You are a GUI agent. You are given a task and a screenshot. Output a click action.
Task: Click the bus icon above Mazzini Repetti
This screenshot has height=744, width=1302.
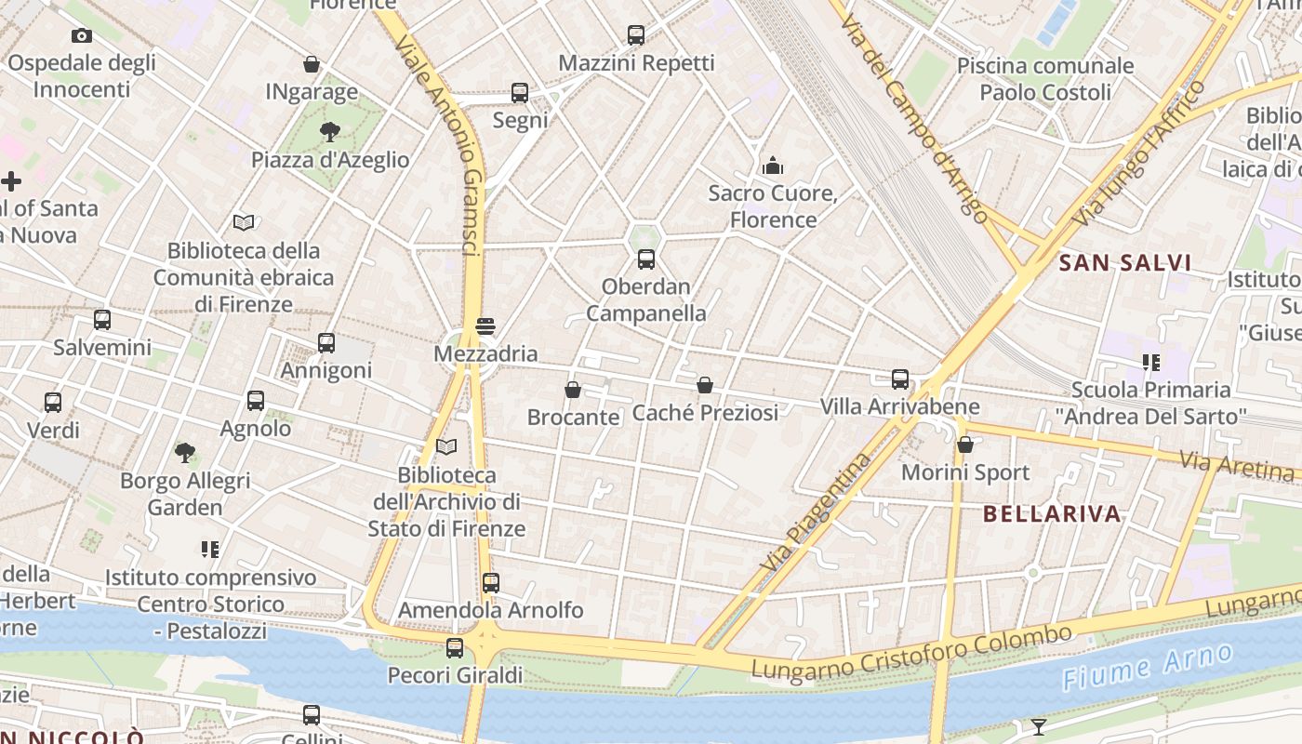click(x=636, y=35)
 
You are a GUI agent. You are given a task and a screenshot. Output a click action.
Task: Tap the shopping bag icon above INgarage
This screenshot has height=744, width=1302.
click(x=312, y=64)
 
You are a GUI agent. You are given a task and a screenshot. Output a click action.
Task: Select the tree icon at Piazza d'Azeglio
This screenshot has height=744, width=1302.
click(x=329, y=132)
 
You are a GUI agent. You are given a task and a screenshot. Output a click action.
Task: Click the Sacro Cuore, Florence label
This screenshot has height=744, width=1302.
click(x=773, y=206)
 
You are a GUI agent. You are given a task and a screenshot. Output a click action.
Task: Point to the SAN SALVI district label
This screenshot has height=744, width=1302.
click(x=1125, y=263)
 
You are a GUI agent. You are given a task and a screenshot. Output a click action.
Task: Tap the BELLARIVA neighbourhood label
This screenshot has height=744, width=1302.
click(x=1052, y=514)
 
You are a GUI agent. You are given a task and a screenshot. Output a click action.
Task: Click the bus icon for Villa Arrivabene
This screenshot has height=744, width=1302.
click(x=900, y=379)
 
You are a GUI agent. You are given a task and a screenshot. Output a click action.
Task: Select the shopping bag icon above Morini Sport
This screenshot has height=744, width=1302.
click(x=965, y=445)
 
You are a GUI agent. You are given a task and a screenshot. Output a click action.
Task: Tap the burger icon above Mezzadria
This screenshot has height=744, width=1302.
click(x=485, y=326)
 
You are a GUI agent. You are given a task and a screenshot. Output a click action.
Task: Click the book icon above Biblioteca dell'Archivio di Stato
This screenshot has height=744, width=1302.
click(x=446, y=447)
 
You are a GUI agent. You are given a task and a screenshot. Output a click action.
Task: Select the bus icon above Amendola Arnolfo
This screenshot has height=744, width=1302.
click(x=491, y=583)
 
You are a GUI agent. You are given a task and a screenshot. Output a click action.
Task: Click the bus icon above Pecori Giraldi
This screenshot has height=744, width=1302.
click(x=455, y=647)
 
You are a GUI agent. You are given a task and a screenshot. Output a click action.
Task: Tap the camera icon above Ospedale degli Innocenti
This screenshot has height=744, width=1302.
click(x=82, y=36)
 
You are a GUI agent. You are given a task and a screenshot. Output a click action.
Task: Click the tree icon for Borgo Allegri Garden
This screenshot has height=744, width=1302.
click(x=185, y=453)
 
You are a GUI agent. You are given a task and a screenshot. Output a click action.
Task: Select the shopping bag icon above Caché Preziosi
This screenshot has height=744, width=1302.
click(x=705, y=385)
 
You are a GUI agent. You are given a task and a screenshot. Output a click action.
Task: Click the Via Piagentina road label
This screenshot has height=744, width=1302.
click(x=816, y=511)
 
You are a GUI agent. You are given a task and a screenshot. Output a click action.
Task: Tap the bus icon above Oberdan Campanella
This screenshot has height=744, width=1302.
click(x=646, y=259)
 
